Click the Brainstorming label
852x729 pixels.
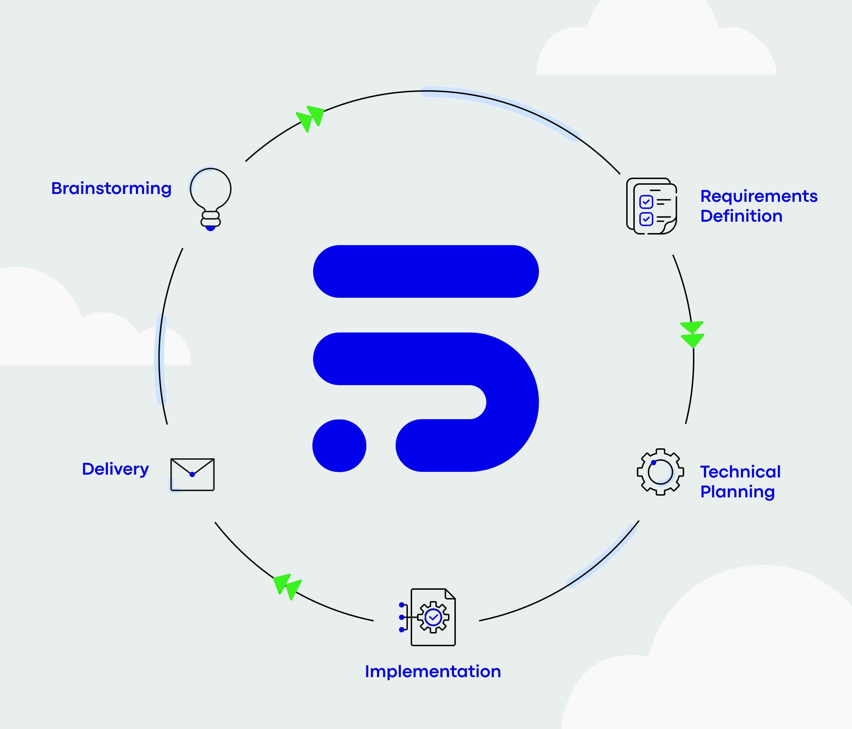[x=111, y=188]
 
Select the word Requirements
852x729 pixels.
[x=759, y=196]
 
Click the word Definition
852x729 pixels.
[x=741, y=216]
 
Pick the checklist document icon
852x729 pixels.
[x=651, y=206]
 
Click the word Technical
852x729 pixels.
[x=740, y=472]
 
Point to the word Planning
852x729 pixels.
[x=737, y=492]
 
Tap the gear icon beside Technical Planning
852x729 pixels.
[x=660, y=472]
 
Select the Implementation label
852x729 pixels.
[x=433, y=671]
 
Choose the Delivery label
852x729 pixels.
[x=115, y=469]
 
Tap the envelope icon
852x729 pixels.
[x=192, y=474]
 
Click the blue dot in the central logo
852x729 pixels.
[x=339, y=445]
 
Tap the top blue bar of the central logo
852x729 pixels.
[x=426, y=271]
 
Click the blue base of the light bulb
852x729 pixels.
[x=211, y=228]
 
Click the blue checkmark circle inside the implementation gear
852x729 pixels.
[x=433, y=617]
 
